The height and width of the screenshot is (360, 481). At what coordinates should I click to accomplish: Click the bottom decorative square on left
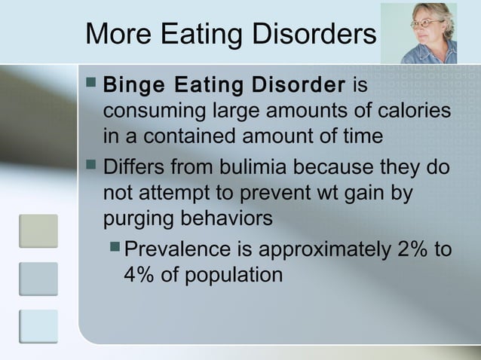pos(38,325)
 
